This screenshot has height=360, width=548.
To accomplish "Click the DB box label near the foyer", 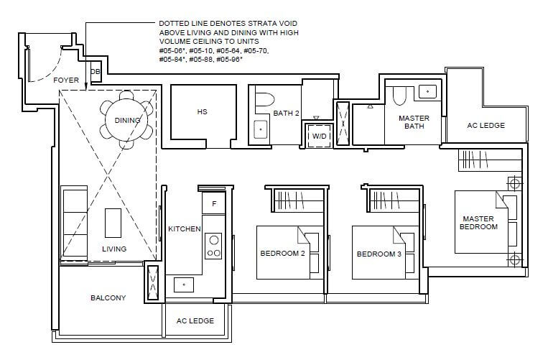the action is (95, 72).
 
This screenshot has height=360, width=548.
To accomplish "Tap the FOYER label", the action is (66, 80).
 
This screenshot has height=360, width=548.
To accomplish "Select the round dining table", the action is (126, 120).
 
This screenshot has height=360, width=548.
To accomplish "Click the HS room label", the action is (202, 112).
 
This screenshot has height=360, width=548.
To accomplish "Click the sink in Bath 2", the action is (261, 129).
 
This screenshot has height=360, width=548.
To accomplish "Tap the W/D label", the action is (319, 136).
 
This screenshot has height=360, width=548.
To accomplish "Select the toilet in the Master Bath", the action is (399, 95).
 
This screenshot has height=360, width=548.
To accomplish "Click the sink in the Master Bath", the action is (428, 91).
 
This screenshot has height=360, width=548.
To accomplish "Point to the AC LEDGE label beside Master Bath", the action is (486, 125).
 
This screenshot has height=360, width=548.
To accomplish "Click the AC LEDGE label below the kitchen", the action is (195, 320).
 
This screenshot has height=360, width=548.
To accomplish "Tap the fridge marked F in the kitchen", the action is (214, 203).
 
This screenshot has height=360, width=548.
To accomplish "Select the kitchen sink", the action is (184, 285).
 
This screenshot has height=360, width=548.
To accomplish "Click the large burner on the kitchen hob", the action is (214, 240).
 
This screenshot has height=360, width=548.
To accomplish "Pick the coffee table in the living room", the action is (113, 223).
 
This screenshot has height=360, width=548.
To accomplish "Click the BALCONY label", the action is (108, 297).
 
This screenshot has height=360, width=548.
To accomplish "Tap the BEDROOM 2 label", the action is (282, 253).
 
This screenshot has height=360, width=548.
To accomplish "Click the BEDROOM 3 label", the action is (379, 254).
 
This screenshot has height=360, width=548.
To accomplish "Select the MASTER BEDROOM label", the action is (478, 223).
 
